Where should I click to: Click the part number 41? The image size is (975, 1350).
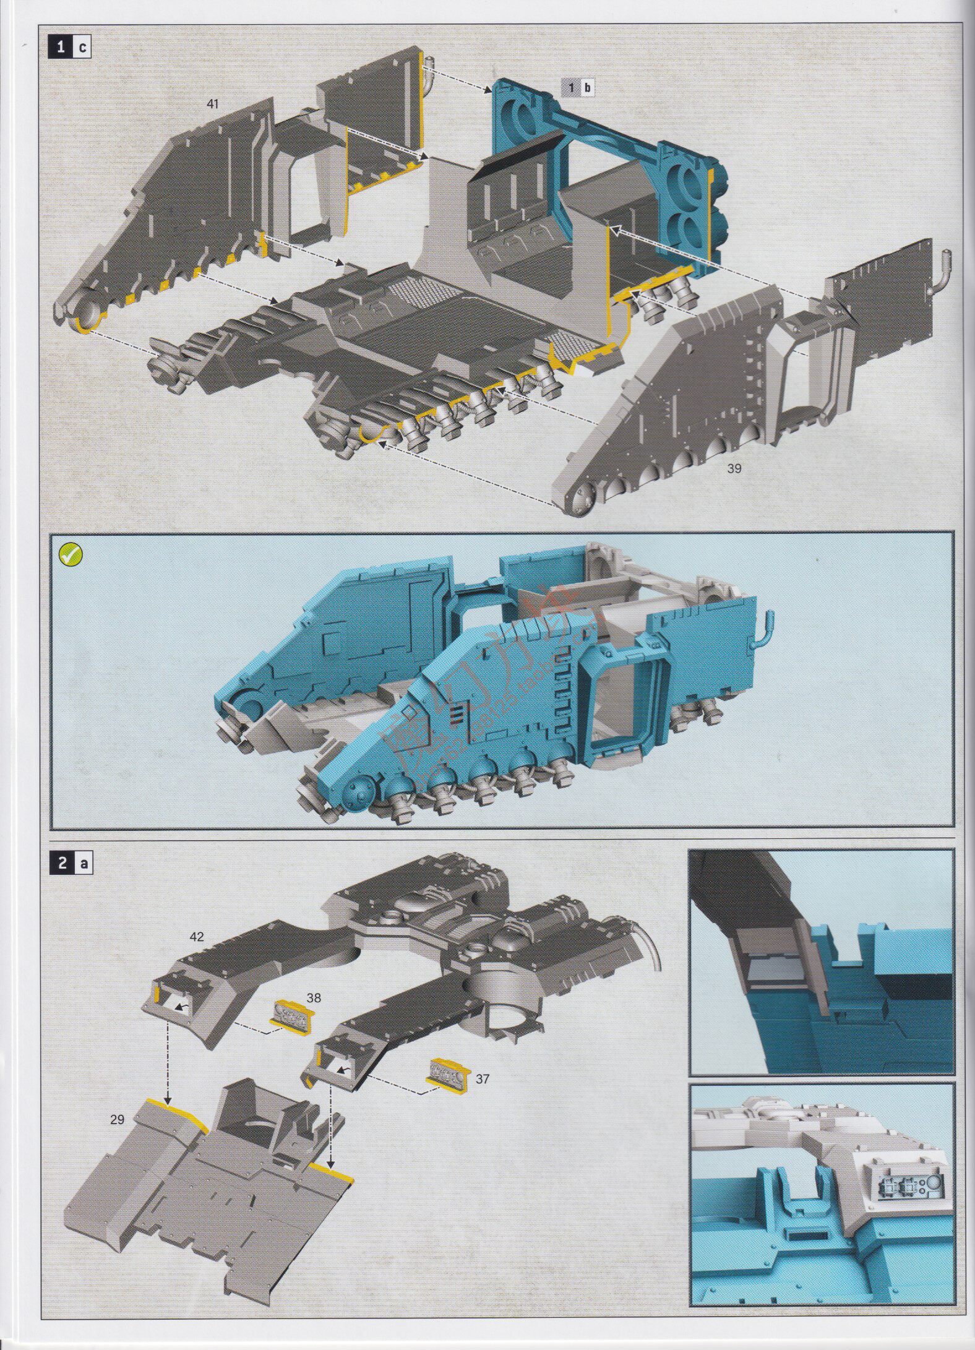[213, 104]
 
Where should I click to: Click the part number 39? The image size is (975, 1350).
[734, 468]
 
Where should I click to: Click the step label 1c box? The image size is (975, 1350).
[70, 48]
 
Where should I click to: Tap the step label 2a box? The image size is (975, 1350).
[70, 864]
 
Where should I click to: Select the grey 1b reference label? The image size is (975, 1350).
[578, 87]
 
